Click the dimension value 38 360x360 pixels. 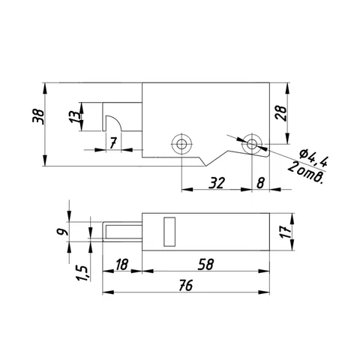tap(38, 117)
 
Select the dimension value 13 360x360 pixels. tap(75, 117)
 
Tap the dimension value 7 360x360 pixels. tap(113, 143)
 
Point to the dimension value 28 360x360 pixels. tap(281, 113)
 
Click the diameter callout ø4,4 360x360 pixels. tap(313, 158)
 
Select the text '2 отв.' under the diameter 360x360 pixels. tap(306, 173)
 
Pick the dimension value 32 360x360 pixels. tap(217, 183)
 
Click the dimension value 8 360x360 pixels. tap(260, 183)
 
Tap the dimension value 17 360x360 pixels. tap(286, 232)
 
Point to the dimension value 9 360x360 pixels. tap(62, 232)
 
